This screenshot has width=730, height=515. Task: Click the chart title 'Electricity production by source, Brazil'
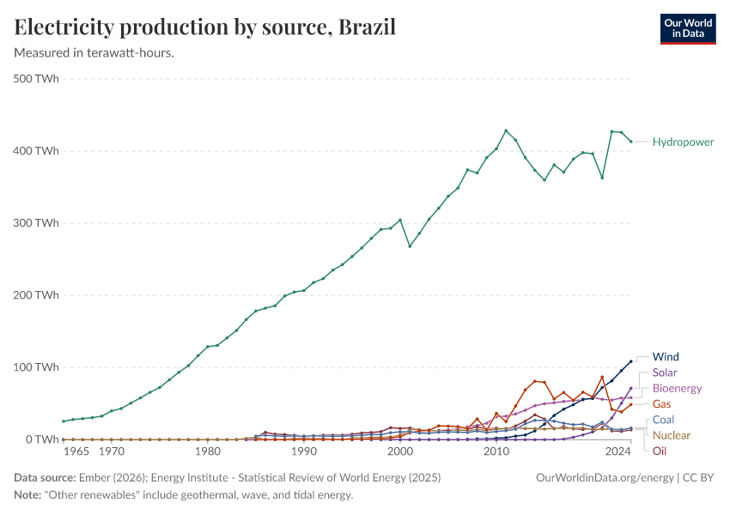point(205,27)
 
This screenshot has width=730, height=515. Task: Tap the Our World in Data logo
point(687,28)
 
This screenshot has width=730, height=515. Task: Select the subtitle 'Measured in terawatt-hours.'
point(94,52)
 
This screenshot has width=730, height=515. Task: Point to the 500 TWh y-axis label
point(36,79)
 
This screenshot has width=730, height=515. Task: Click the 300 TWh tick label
point(36,223)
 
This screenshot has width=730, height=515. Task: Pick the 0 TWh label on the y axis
point(41,439)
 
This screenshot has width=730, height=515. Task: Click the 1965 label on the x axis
point(76,451)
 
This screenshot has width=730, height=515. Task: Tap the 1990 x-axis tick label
point(303,451)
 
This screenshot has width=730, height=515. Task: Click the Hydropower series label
point(683,142)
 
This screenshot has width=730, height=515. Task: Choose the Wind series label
point(666,356)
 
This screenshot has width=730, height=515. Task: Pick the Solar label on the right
point(665,373)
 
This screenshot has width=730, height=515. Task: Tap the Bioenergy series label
point(677,388)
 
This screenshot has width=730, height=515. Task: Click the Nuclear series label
point(671,435)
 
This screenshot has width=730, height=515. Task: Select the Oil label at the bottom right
point(660,451)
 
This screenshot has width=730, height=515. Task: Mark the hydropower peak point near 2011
point(506,130)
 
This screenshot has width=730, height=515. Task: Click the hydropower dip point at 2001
point(410,246)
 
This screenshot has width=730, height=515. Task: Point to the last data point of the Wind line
point(631,361)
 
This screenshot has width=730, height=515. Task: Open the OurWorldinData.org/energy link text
point(604,478)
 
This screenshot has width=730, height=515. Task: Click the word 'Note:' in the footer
point(27,495)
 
